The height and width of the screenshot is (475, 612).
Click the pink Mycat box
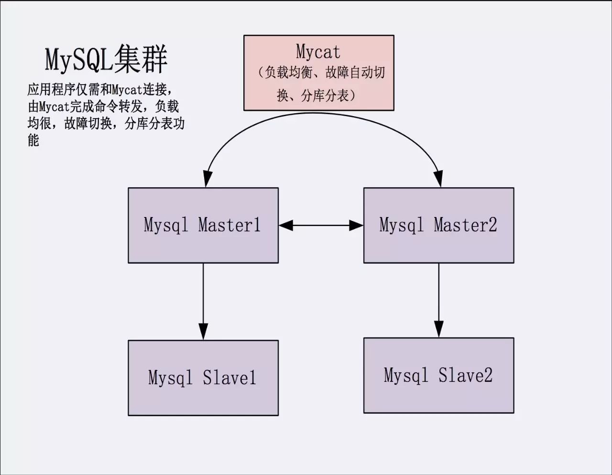pos(318,73)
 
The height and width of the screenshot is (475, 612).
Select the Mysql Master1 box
pos(203,225)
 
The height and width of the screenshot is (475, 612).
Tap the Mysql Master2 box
pos(438,225)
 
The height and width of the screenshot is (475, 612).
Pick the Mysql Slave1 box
pos(203,378)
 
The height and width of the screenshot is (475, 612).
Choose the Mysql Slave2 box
pos(438,375)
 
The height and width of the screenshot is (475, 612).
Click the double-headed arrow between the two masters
pos(321,225)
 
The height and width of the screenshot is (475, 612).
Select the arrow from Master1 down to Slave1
pos(203,296)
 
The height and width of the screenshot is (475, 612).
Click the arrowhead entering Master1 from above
pos(207,179)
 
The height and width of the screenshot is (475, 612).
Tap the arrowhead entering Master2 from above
pos(438,179)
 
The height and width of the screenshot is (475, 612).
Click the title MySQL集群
pos(106,60)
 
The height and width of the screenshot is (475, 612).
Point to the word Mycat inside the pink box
pos(318,52)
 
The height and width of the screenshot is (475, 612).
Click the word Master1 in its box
pos(229,225)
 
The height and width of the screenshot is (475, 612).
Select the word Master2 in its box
pos(465,225)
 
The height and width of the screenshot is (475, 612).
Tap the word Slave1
pos(229,378)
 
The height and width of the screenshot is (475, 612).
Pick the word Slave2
pos(465,375)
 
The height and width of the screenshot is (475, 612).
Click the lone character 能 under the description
pos(33,140)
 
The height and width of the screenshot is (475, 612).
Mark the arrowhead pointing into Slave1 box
pos(203,331)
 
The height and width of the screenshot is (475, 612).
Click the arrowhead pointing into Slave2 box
pos(439,329)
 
